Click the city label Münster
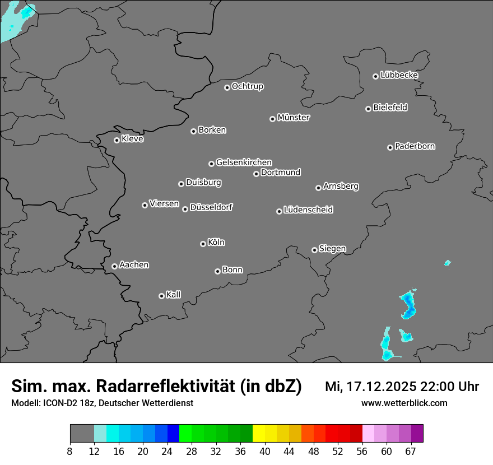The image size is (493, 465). point(294,118)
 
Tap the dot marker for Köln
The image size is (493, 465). point(203,244)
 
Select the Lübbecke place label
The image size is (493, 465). point(399,75)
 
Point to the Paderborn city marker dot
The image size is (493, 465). point(390,147)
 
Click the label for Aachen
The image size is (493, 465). point(134,265)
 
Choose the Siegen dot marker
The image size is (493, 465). point(314,250)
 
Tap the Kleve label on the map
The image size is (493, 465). point(132,139)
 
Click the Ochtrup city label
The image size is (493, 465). point(248,86)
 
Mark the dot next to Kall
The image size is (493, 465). point(161,296)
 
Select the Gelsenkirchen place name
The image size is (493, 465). point(244,162)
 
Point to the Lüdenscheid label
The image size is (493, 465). point(308,210)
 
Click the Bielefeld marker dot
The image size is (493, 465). point(368,109)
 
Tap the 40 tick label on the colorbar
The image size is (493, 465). point(265,452)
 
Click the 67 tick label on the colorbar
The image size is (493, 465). point(411,452)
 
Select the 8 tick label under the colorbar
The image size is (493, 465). point(69,452)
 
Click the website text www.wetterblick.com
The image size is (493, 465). point(404,403)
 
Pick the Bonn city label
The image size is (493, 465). point(232,270)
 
